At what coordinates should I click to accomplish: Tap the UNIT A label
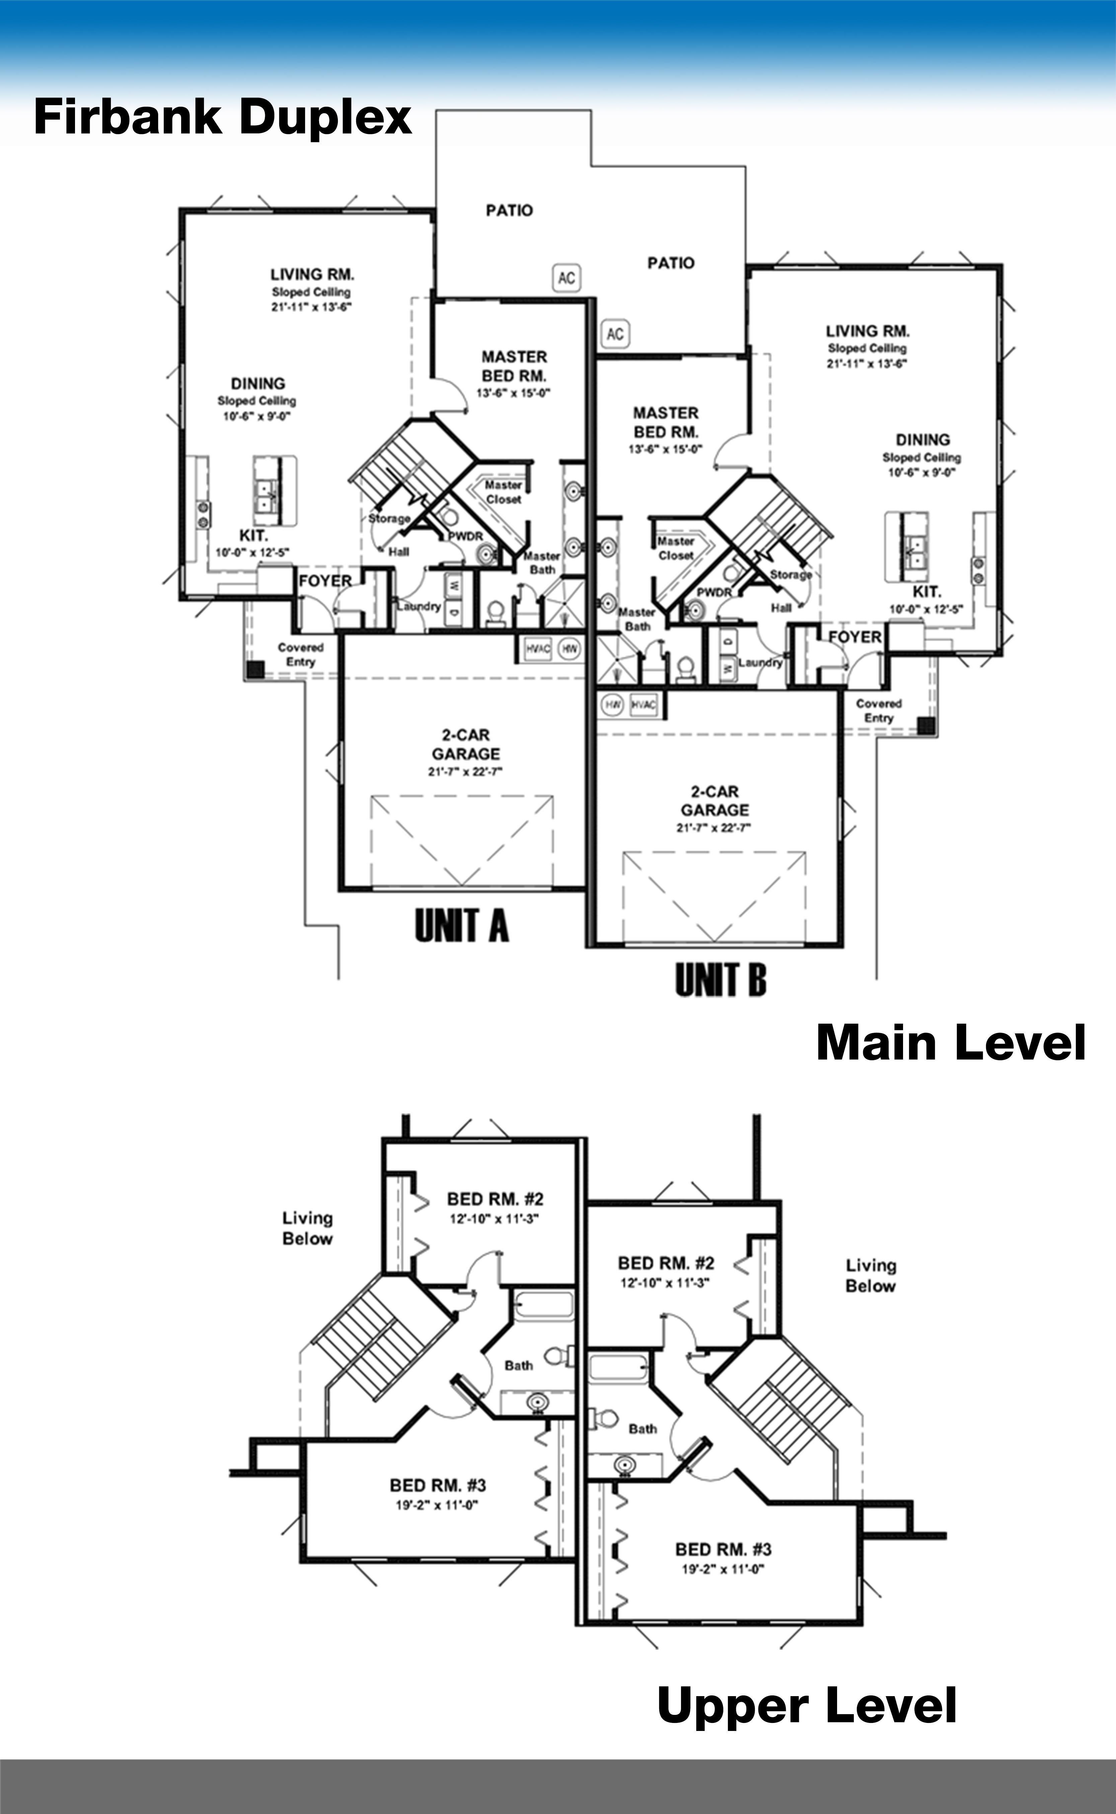click(x=461, y=926)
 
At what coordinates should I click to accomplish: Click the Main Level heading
click(x=951, y=1043)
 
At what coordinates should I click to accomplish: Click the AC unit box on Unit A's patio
click(x=566, y=278)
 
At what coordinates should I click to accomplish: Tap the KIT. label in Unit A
click(x=253, y=535)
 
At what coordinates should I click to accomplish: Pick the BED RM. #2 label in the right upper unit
click(x=666, y=1263)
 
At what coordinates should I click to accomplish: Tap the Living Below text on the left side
click(x=307, y=1228)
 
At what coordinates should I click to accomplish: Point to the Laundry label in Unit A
click(x=419, y=606)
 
